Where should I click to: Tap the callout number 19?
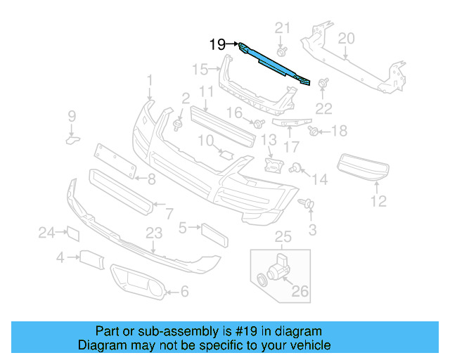[217, 45]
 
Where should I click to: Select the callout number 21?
[282, 28]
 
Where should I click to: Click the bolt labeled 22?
[324, 85]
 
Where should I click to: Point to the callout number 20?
[346, 39]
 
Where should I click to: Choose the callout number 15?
[200, 69]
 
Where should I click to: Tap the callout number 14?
[320, 180]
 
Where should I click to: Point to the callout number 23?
[154, 233]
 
